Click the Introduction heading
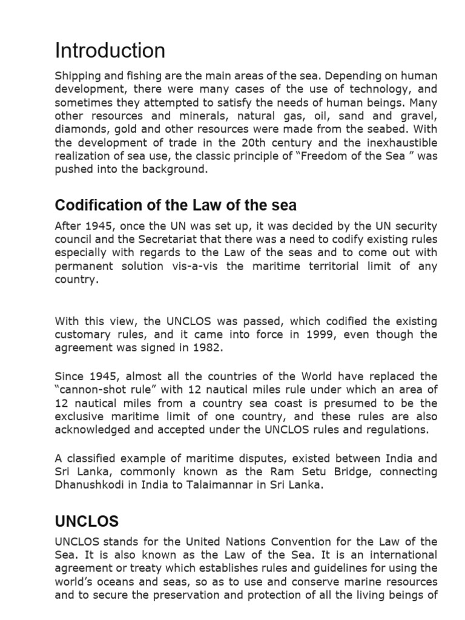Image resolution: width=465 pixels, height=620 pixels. (110, 50)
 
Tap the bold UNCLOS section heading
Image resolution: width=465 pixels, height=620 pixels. (87, 521)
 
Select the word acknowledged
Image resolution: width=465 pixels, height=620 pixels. (92, 430)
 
